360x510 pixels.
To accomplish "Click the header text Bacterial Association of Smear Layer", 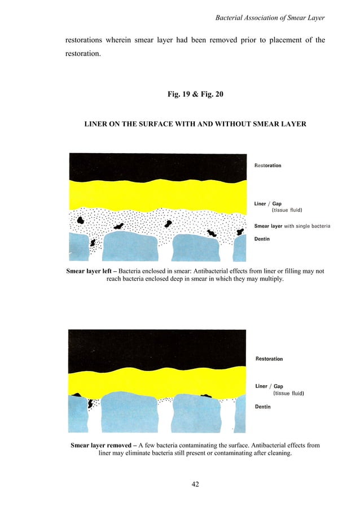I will (x=271, y=20).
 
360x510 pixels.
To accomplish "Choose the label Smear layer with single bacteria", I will (x=292, y=226).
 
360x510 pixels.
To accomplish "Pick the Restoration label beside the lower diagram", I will (x=269, y=359).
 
